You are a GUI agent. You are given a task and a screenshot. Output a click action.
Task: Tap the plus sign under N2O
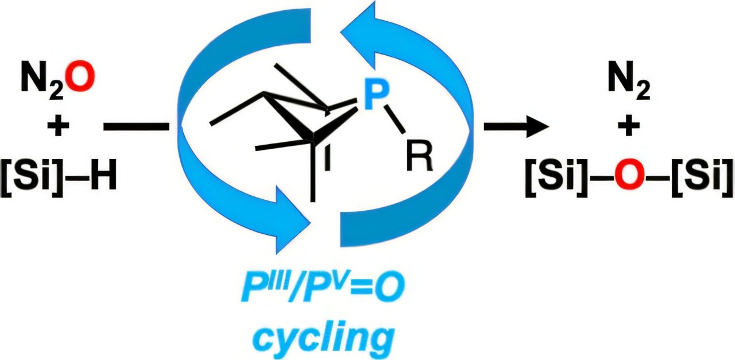click(x=57, y=126)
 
